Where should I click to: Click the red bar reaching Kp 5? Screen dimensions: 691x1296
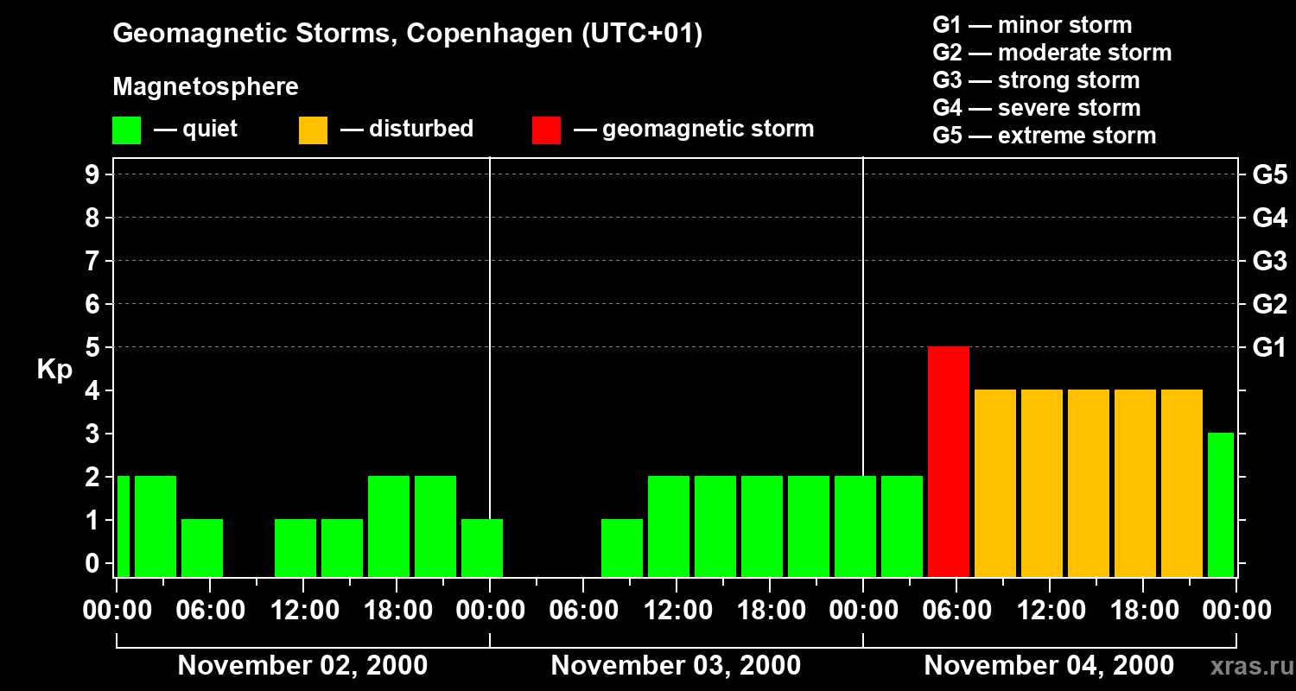(x=948, y=461)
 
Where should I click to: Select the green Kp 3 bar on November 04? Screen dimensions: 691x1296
(x=1220, y=504)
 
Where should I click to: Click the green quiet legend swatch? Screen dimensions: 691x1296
(x=126, y=130)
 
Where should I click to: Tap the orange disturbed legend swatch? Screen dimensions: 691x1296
(x=313, y=130)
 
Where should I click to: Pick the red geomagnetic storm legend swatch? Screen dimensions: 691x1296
(x=546, y=130)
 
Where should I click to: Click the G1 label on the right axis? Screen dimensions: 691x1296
(x=1269, y=348)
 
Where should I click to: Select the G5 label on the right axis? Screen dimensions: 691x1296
(x=1269, y=175)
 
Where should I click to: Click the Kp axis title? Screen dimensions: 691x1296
(x=54, y=371)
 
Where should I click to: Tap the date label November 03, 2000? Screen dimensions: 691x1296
(x=676, y=666)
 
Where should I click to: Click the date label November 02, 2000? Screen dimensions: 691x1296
(x=302, y=666)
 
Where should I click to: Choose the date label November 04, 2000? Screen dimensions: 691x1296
(x=1049, y=666)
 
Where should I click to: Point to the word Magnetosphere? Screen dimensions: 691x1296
(x=206, y=87)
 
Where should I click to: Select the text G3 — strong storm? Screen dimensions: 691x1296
(x=1036, y=80)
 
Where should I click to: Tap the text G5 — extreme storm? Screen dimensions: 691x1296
(x=1044, y=136)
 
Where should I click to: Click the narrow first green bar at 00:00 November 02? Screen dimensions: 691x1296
(x=124, y=526)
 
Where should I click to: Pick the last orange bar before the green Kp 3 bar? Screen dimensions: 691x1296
(x=1181, y=483)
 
